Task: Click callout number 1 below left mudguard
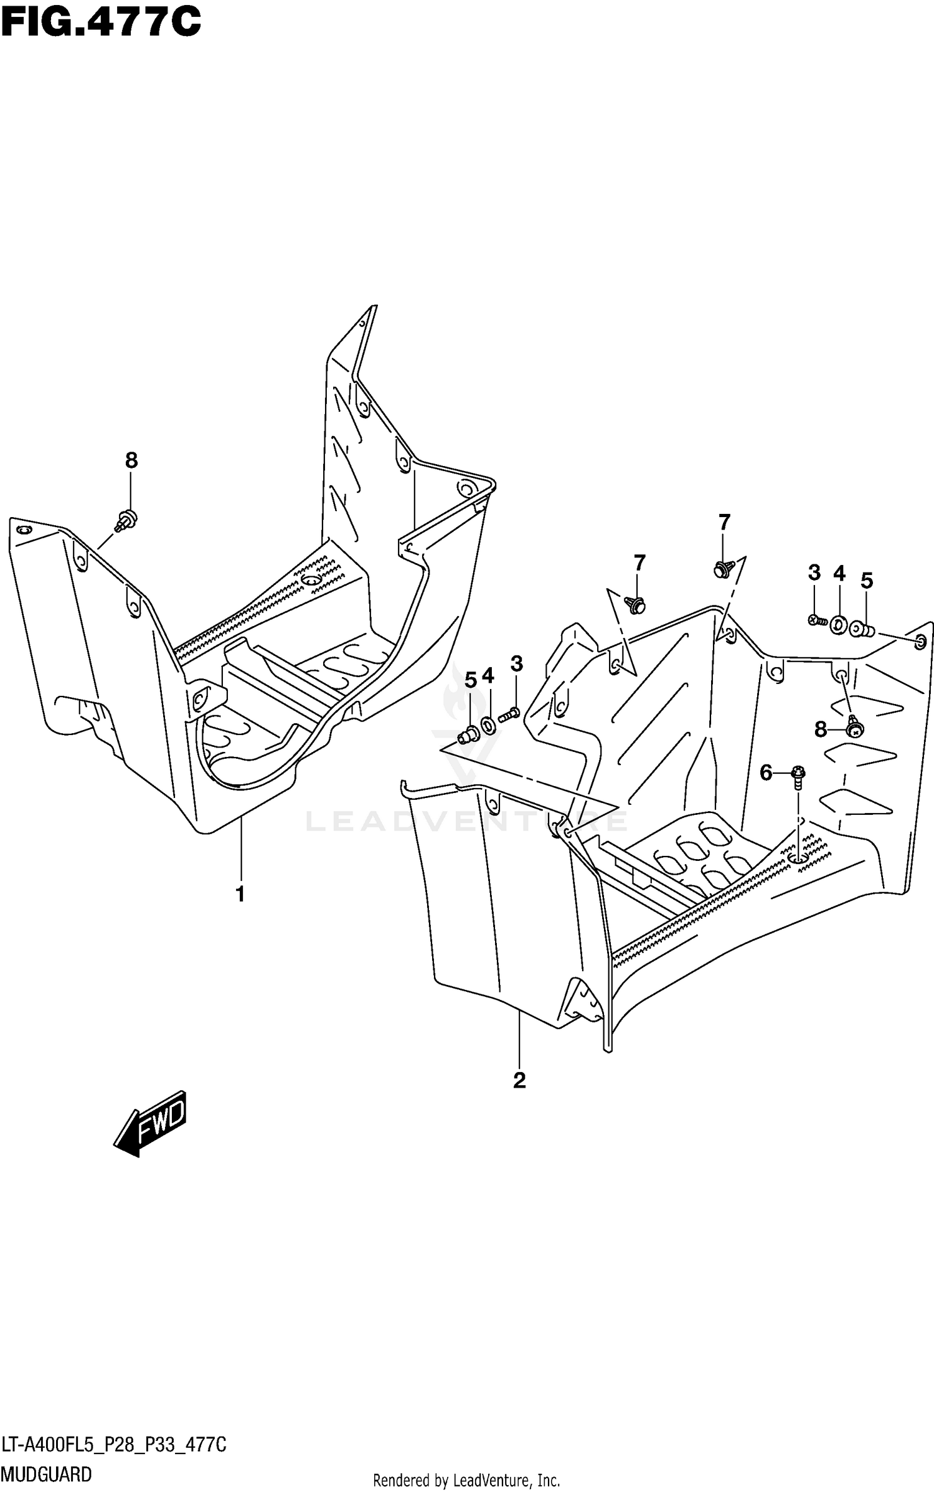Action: point(240,895)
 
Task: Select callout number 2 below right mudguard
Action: point(519,1080)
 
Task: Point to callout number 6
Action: point(766,773)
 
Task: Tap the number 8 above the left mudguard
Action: point(131,461)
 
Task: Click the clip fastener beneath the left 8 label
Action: point(127,519)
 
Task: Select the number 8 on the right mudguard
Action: point(821,729)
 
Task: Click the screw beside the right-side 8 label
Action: point(855,726)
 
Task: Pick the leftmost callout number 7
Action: point(639,563)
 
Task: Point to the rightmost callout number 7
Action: point(724,522)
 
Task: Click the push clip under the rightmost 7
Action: point(722,568)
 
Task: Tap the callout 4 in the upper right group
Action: point(839,574)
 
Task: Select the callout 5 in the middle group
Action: point(470,680)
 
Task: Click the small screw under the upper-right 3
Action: point(816,620)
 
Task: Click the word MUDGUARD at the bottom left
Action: point(47,1474)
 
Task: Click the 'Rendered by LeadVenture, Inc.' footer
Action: point(466,1481)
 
